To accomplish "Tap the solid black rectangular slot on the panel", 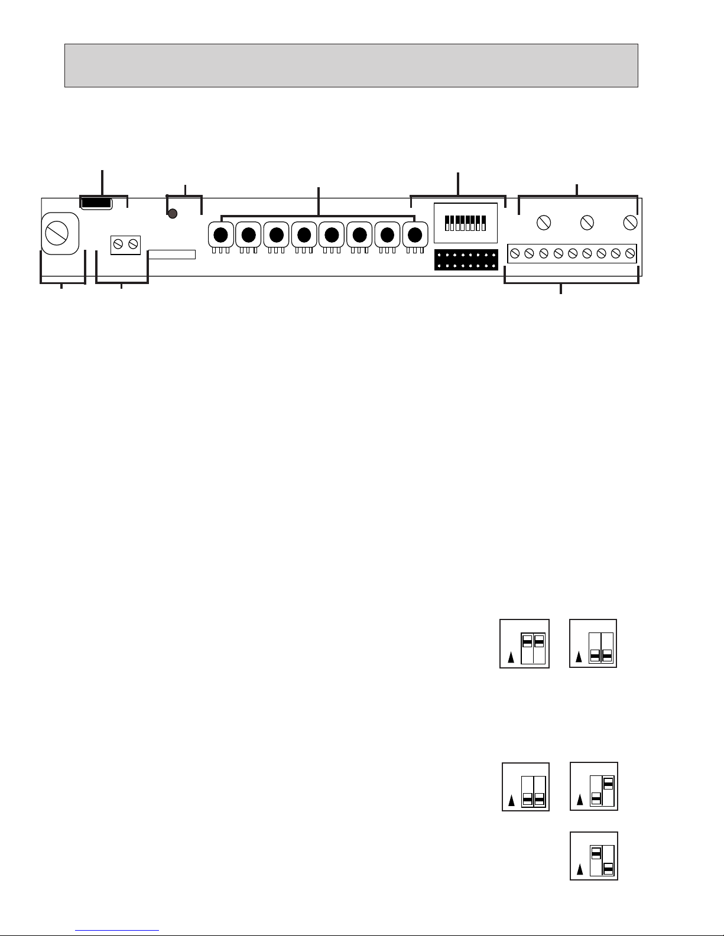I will click(96, 203).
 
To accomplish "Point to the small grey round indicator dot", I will click(173, 214).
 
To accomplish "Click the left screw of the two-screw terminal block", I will click(119, 243).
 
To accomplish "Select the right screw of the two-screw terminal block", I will click(132, 243).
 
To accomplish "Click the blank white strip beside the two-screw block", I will click(171, 254).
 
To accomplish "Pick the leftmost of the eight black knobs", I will click(220, 234).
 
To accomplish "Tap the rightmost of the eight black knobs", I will click(415, 234).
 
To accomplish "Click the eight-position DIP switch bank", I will click(466, 223).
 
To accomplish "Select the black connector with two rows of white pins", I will click(466, 260).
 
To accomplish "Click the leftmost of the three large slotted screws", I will click(543, 223).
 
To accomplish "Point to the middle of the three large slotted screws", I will click(587, 223).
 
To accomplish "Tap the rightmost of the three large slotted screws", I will click(630, 223).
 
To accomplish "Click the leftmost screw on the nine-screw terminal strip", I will click(514, 253).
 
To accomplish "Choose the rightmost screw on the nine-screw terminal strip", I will click(630, 253).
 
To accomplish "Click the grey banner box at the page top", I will click(351, 65).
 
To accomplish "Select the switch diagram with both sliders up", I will click(524, 643).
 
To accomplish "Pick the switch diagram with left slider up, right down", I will click(593, 856).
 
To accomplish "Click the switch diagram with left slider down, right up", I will click(593, 786).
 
